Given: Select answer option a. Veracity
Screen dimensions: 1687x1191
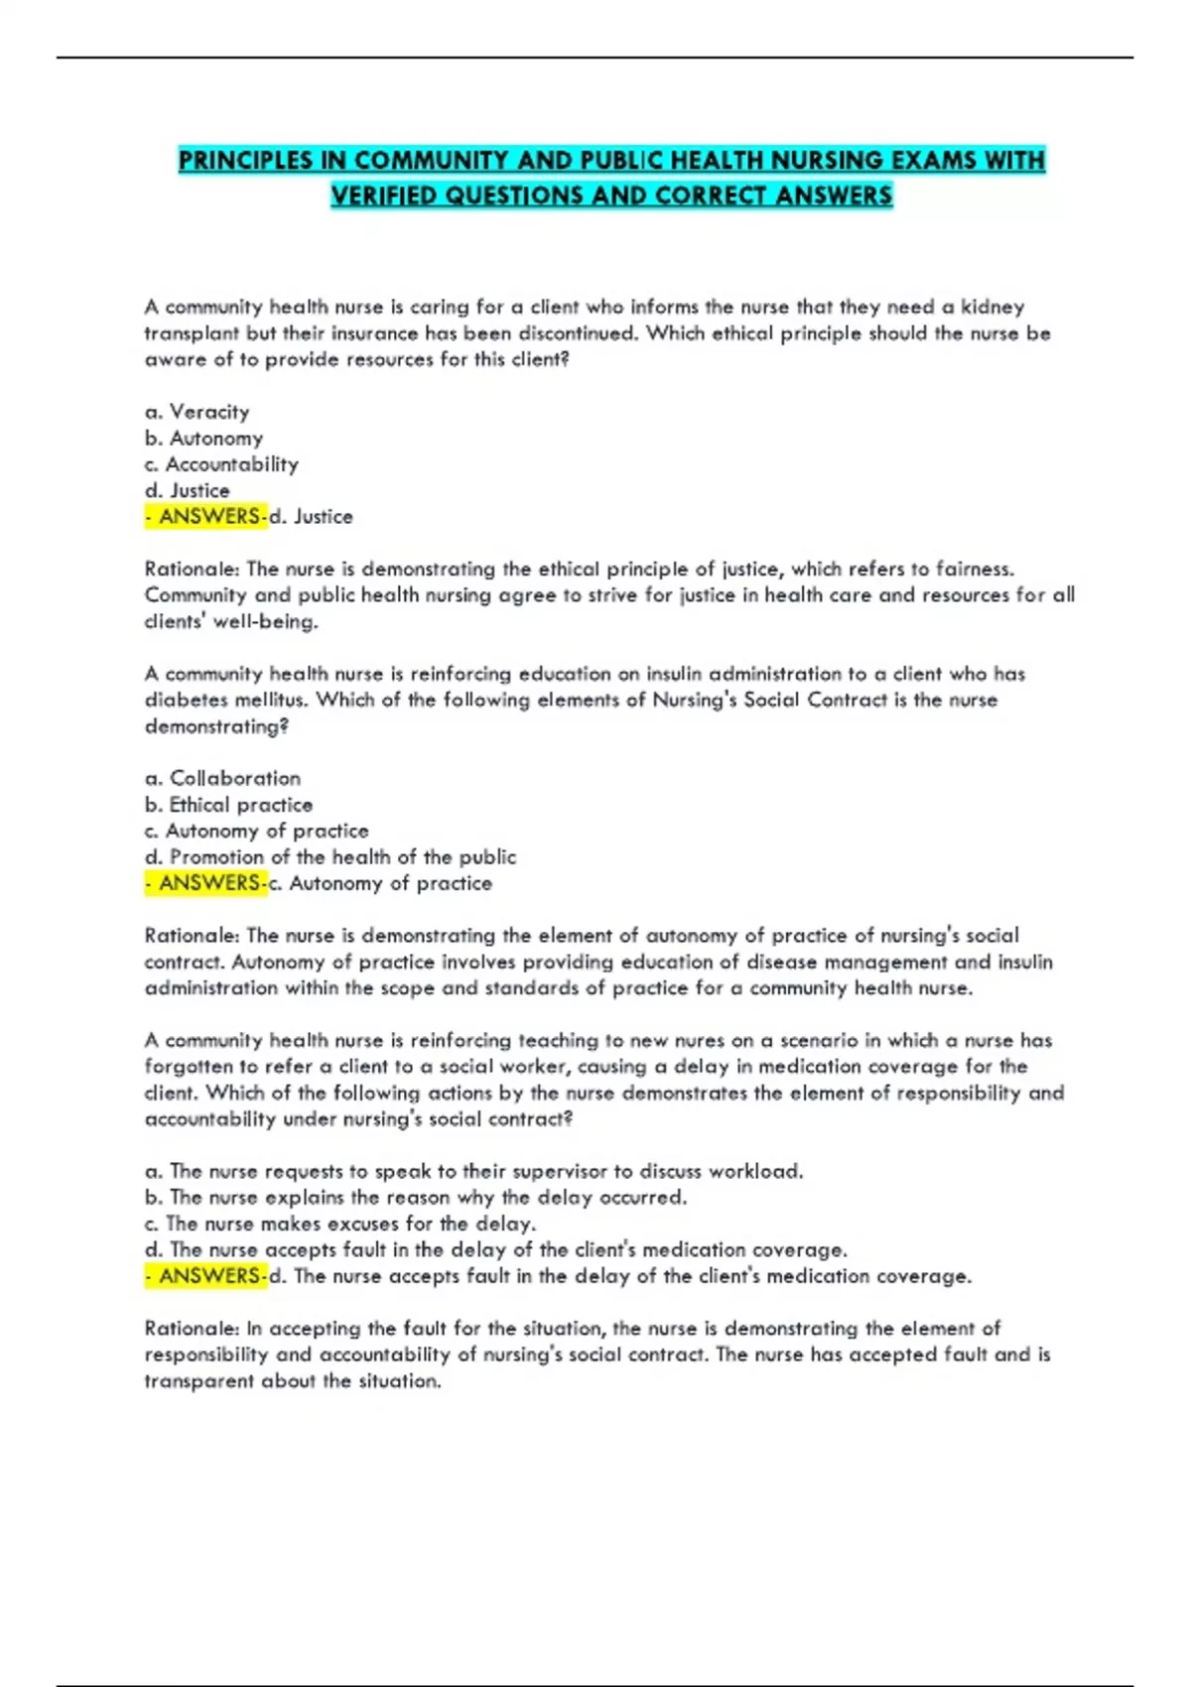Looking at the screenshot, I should (x=198, y=412).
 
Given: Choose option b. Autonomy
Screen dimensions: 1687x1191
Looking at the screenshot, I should (x=203, y=438).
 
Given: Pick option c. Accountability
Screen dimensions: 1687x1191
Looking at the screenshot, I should (x=221, y=464).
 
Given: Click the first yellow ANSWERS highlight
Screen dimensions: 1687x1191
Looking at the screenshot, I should (x=206, y=516).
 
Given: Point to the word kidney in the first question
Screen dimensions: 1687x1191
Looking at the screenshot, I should (x=992, y=307).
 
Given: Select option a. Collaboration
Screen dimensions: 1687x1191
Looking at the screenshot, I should (x=222, y=778).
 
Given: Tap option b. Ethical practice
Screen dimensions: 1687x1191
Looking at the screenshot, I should (x=228, y=805).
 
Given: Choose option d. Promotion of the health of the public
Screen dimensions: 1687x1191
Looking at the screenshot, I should (x=331, y=856).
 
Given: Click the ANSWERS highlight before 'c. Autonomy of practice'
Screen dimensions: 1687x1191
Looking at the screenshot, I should (x=206, y=883).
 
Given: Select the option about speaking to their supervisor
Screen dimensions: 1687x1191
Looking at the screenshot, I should (x=473, y=1171).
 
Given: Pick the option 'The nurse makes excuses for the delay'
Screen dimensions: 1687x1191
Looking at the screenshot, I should (x=340, y=1224).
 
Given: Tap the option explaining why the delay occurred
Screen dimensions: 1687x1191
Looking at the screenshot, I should (x=415, y=1197).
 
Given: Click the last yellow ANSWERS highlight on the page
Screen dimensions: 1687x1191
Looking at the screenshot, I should (x=206, y=1276).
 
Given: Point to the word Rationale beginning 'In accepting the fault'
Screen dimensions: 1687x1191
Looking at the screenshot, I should (x=192, y=1328).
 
